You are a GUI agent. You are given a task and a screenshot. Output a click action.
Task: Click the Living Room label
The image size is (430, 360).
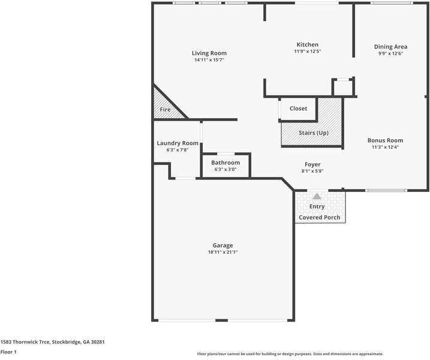[209, 53]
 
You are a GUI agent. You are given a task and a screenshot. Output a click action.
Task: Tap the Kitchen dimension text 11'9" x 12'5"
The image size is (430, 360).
[308, 52]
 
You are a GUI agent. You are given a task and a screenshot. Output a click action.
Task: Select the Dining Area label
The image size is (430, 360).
[391, 47]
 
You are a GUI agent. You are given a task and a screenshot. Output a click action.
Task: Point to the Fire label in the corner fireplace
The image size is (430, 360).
[165, 110]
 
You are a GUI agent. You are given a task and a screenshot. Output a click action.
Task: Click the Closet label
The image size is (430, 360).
[298, 109]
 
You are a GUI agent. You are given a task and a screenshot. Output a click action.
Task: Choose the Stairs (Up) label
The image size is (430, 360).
[313, 133]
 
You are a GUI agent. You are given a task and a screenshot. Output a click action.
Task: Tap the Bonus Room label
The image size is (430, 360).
[385, 140]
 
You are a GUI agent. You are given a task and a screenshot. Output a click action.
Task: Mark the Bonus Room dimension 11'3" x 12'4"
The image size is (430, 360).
[385, 147]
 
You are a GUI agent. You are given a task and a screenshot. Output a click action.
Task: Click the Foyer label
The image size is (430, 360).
[312, 164]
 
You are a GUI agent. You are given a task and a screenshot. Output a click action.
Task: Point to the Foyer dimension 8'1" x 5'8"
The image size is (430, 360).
[312, 171]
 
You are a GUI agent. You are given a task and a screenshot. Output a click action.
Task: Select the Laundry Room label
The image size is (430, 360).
[178, 143]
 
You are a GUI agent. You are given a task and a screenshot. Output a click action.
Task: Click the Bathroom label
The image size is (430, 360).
[225, 163]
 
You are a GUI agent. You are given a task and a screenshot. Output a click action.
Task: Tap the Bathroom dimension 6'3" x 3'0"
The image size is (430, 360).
[225, 169]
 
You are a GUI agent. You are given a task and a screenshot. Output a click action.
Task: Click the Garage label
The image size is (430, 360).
[222, 245]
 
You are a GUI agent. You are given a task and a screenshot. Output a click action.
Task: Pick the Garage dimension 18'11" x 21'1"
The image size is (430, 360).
[222, 252]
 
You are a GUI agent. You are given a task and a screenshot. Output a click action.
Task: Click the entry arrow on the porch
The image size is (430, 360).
[317, 195]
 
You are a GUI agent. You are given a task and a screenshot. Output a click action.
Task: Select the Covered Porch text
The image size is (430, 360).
[320, 217]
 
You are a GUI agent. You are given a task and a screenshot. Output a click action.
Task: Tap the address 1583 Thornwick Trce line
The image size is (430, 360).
[53, 341]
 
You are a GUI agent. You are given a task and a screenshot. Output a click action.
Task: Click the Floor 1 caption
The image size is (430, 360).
[8, 352]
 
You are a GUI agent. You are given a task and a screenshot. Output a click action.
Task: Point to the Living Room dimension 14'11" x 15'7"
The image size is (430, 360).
[209, 60]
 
